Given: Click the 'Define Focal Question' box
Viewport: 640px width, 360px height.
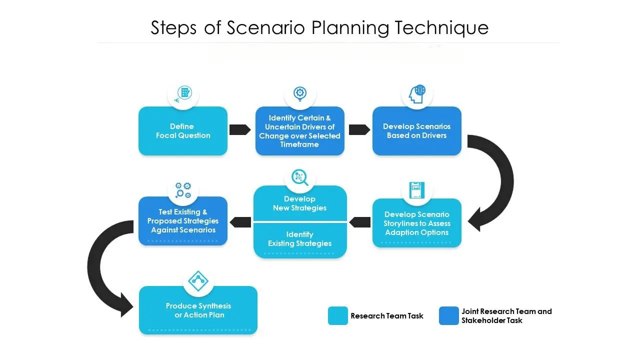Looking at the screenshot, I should point(183,131).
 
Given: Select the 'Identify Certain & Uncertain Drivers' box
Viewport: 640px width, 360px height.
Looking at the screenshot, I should point(300,131).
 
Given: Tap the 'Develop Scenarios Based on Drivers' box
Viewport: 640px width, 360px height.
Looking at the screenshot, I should point(417,131).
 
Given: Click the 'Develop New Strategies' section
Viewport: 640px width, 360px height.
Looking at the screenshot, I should point(300,203).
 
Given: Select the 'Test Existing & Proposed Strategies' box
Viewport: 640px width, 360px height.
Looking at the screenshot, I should point(183,221).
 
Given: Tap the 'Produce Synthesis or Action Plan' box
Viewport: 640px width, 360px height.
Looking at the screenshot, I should point(198,310).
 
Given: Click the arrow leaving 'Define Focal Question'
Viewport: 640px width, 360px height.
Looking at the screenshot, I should point(240,129).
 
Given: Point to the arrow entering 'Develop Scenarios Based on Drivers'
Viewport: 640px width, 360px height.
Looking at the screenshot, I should point(359,129).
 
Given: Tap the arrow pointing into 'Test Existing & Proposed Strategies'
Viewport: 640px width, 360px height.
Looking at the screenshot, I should point(240,221).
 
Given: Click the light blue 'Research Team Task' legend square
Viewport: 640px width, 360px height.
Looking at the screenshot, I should point(338,316).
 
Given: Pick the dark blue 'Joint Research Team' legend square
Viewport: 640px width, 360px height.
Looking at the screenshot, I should point(448,316).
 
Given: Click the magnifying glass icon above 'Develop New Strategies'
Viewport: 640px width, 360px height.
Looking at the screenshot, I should point(299,177).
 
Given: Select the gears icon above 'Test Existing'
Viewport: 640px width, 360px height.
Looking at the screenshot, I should point(183,190).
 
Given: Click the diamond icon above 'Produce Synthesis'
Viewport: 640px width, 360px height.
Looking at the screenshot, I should point(198,281).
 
